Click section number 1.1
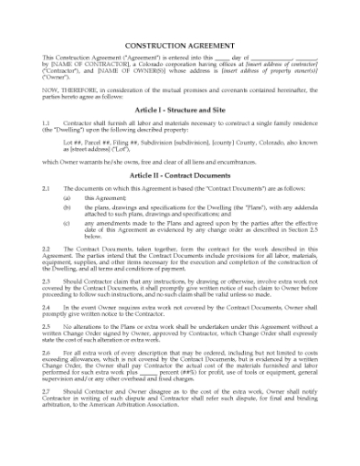tap(47, 122)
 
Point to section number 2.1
tap(47, 187)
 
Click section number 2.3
tap(47, 281)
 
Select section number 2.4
tap(47, 309)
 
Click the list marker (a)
tap(67, 196)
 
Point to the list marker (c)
tap(67, 222)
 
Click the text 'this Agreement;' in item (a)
tap(104, 196)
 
